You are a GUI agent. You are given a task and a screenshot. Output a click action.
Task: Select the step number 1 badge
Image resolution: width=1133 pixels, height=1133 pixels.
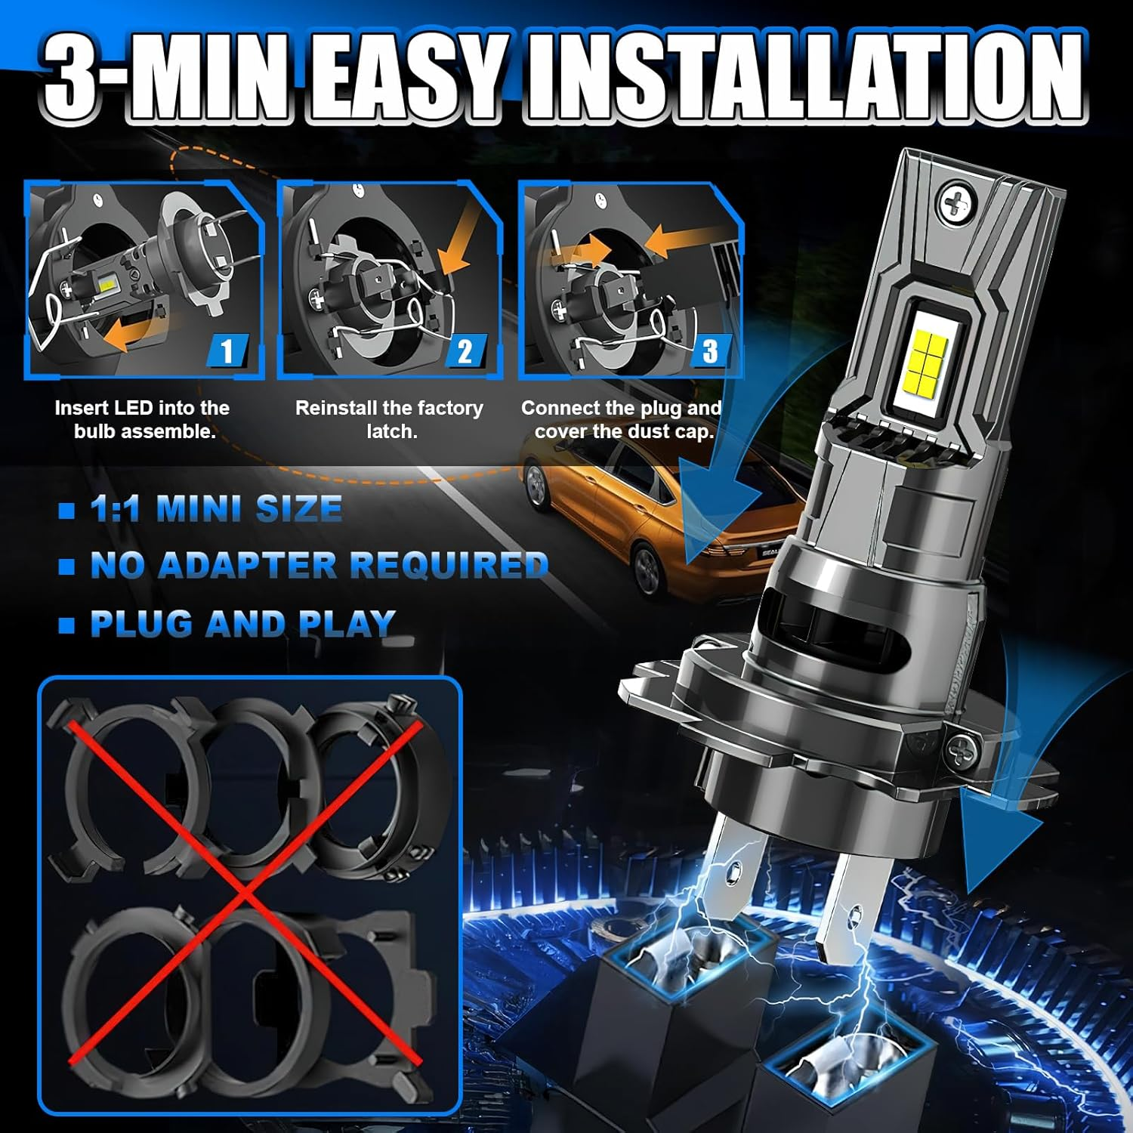click(x=227, y=351)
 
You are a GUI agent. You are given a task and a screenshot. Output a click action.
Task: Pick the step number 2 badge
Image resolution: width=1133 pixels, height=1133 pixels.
click(x=466, y=351)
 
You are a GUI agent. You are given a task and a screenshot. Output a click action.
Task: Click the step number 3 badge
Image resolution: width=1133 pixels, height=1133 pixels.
click(x=710, y=351)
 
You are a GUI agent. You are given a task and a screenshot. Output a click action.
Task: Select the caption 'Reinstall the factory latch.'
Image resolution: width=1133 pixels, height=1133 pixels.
click(x=389, y=419)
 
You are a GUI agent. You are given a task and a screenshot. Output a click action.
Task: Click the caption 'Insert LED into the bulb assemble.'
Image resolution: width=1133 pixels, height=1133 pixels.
click(x=142, y=419)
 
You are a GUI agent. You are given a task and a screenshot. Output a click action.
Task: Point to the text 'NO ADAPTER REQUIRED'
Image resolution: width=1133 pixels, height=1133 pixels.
click(x=319, y=565)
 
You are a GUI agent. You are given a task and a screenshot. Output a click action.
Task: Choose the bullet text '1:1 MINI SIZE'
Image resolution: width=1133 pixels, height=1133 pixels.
click(x=216, y=508)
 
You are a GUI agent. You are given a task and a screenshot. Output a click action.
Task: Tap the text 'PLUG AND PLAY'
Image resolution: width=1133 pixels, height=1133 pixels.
click(x=242, y=624)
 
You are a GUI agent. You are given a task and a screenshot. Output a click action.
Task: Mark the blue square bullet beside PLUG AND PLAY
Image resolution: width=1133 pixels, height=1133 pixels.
click(x=67, y=625)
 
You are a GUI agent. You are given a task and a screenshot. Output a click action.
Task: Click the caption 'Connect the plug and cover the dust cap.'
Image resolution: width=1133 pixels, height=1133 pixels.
click(x=622, y=419)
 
